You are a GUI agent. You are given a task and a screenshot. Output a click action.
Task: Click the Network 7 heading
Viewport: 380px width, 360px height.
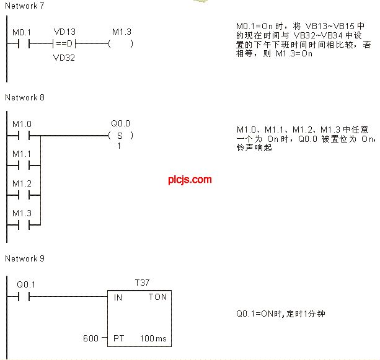click(24, 6)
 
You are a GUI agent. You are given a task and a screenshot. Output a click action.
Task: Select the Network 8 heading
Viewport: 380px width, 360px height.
click(25, 98)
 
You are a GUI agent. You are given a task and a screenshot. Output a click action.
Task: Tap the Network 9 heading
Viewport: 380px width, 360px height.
click(25, 259)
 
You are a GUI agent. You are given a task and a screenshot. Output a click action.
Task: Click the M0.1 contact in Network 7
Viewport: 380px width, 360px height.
click(24, 44)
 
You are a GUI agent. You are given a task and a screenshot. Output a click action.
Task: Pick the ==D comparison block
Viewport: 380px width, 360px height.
click(64, 43)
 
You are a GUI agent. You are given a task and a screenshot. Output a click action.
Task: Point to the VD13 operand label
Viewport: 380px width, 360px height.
click(64, 32)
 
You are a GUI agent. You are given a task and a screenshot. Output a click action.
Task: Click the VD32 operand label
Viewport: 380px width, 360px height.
click(64, 58)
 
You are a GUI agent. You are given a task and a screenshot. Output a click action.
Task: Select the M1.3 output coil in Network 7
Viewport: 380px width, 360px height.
click(120, 43)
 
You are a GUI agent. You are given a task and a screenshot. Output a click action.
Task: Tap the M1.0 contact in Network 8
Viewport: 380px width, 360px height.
click(24, 136)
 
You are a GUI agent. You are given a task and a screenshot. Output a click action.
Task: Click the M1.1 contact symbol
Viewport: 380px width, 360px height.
click(24, 165)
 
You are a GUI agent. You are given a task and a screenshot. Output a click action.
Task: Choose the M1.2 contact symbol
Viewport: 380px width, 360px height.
click(24, 195)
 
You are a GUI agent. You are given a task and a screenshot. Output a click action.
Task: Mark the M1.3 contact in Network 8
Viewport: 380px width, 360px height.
click(24, 225)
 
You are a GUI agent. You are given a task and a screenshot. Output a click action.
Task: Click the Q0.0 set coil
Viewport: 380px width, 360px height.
click(120, 136)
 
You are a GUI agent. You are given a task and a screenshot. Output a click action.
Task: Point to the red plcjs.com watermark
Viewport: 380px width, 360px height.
click(190, 180)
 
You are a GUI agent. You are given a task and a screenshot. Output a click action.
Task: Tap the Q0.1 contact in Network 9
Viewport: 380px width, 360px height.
click(24, 296)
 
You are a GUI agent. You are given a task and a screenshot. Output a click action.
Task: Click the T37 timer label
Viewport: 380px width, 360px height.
click(142, 283)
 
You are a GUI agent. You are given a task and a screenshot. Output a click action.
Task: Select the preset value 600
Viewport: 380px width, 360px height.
click(91, 338)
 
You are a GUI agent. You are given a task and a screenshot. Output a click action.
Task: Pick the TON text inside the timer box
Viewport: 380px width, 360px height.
click(158, 297)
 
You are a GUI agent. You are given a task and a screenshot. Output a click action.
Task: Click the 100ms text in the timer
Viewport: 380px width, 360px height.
click(153, 338)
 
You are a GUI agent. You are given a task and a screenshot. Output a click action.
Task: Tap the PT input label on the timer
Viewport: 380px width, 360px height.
click(119, 338)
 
